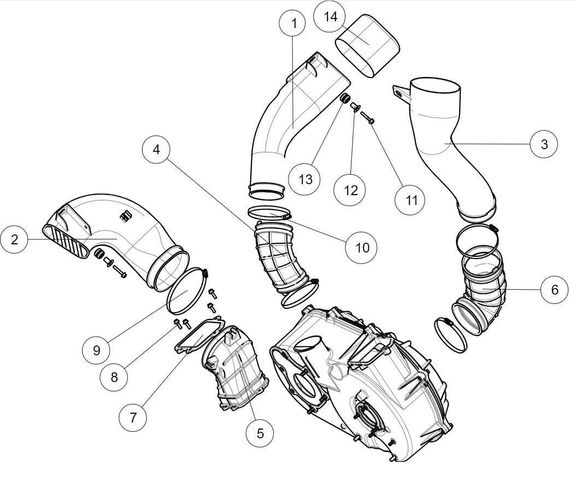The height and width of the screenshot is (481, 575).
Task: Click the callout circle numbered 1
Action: [x=294, y=24]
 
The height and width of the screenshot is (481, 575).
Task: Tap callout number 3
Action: [x=544, y=144]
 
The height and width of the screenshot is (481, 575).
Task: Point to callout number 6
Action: [x=555, y=289]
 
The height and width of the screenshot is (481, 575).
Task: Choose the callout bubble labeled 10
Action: [x=362, y=247]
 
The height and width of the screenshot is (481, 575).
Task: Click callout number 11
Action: [x=412, y=200]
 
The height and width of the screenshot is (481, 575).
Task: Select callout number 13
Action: [x=305, y=179]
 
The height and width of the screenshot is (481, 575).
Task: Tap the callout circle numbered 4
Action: [x=157, y=149]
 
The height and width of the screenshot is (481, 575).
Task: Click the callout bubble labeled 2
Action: [x=15, y=239]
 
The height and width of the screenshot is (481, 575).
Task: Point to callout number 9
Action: [x=97, y=350]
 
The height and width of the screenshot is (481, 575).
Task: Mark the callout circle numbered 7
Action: [x=133, y=417]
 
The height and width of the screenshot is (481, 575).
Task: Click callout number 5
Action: [x=260, y=433]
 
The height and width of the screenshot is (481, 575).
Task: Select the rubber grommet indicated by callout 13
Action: [x=345, y=99]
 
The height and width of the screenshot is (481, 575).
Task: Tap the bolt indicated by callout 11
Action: [x=367, y=116]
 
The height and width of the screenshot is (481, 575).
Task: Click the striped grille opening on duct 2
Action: [x=67, y=242]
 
